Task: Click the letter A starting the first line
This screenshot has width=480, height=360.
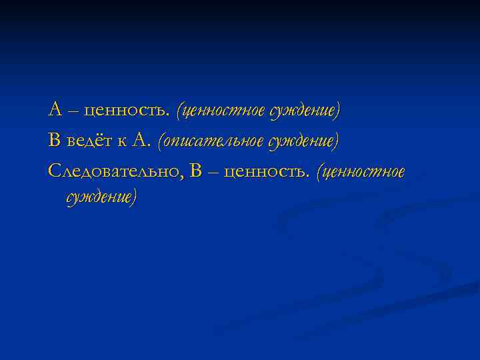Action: pos(55,109)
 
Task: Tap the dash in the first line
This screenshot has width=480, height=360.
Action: pos(70,109)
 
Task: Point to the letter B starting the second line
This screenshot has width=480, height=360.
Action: pos(54,140)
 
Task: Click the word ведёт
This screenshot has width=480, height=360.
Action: pos(86,140)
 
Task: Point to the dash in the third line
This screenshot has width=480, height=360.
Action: pos(213,172)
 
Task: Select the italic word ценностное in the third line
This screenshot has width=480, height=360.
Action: pos(365,173)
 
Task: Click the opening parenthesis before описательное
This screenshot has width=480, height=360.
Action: pos(159,141)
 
